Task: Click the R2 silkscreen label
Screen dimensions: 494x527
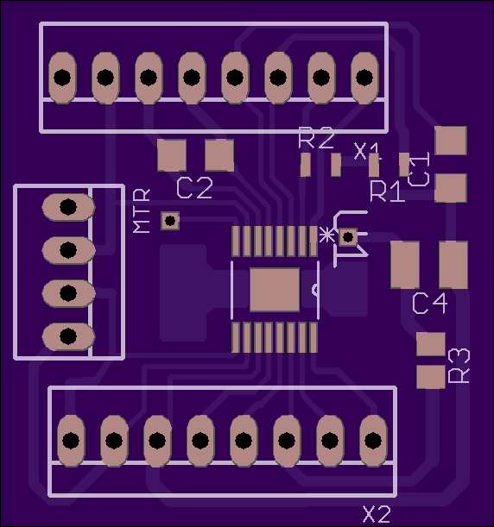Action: click(x=316, y=138)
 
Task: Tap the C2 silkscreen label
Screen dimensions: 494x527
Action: click(x=194, y=188)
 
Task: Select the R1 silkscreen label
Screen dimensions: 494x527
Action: click(x=387, y=191)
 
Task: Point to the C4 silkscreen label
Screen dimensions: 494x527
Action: click(x=430, y=303)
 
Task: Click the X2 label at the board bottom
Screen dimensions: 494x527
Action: click(x=377, y=514)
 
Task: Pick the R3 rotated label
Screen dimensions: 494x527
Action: click(x=459, y=366)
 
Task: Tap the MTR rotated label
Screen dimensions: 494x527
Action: click(x=142, y=210)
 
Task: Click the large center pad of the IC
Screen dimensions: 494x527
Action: click(x=275, y=290)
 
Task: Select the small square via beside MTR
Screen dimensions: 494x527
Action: click(x=170, y=221)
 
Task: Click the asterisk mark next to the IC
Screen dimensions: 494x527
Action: click(x=326, y=235)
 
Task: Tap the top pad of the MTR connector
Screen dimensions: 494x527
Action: click(x=68, y=207)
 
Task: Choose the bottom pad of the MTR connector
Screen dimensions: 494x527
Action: click(x=68, y=336)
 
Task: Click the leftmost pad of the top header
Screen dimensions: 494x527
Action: click(x=62, y=78)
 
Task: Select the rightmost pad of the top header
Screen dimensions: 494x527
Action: click(x=364, y=78)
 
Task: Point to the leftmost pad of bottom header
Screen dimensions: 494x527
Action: click(x=71, y=441)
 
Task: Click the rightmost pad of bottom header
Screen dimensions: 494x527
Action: click(x=373, y=441)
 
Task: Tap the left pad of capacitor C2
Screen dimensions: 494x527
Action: click(x=172, y=155)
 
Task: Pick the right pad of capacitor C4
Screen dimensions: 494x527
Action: click(x=453, y=265)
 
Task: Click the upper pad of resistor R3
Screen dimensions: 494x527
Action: click(x=431, y=344)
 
